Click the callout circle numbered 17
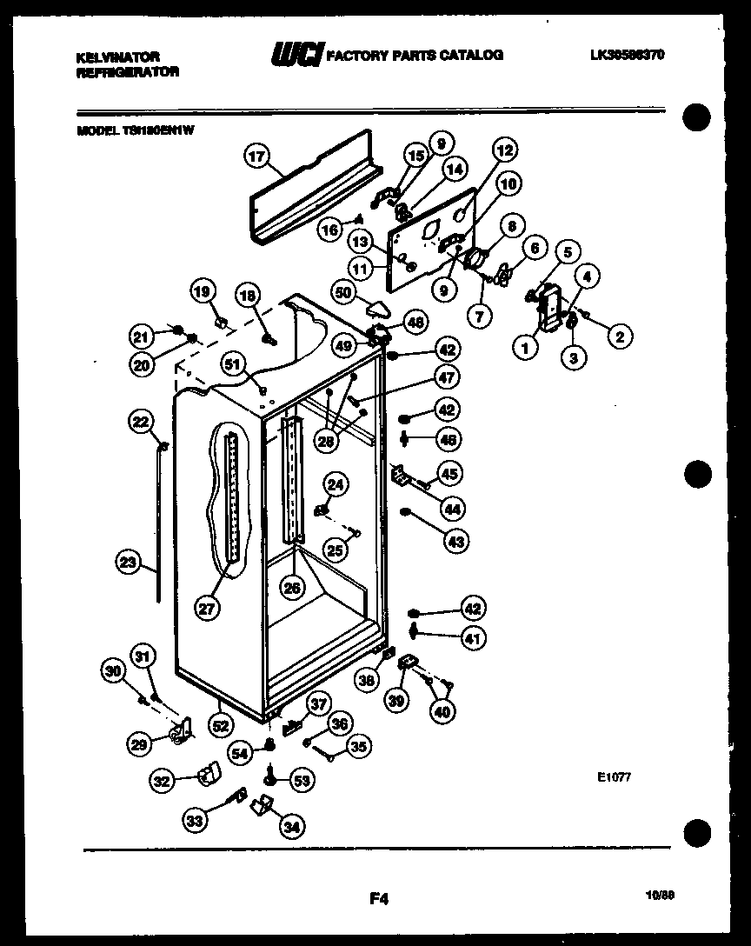click(256, 157)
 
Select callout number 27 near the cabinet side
click(206, 609)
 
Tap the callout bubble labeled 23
click(129, 563)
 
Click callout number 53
click(300, 781)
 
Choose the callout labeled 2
click(620, 336)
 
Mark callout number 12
click(503, 150)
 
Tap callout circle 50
click(345, 293)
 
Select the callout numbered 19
click(202, 293)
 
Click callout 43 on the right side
click(455, 541)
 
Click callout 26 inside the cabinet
click(292, 588)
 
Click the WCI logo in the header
click(296, 56)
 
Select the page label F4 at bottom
click(377, 900)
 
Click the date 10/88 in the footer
click(662, 892)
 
